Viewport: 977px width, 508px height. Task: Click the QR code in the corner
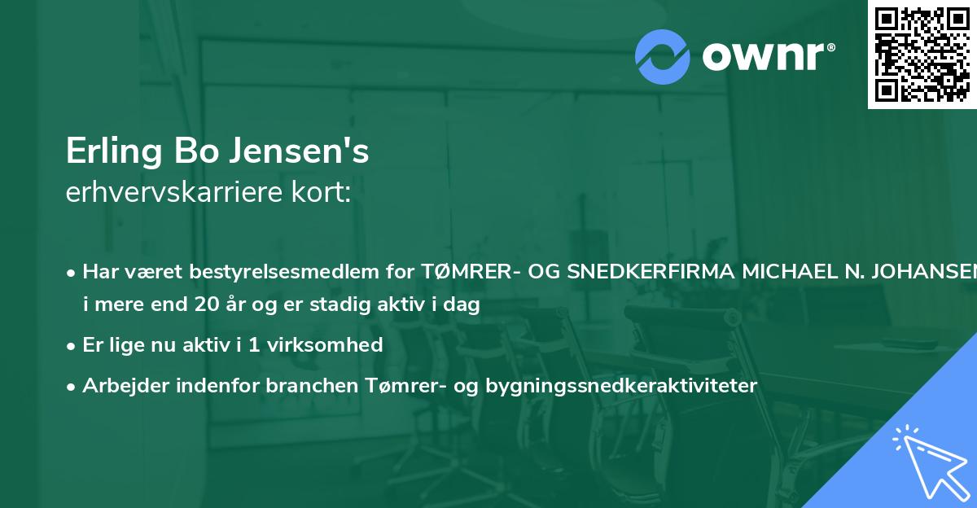click(x=922, y=55)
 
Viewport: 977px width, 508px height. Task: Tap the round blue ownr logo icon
click(x=663, y=56)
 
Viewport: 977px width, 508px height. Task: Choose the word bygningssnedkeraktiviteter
click(x=621, y=385)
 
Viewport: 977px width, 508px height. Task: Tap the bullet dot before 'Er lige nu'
click(x=72, y=346)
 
